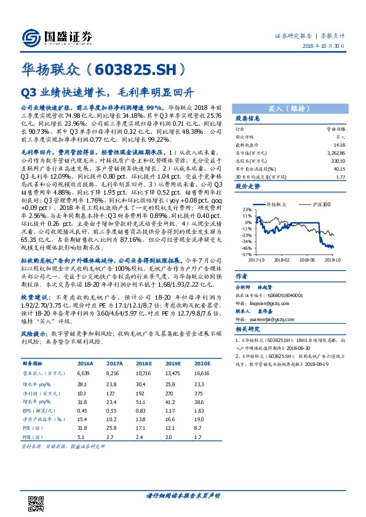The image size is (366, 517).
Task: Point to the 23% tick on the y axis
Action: [x=247, y=209]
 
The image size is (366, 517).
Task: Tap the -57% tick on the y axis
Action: [x=246, y=254]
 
